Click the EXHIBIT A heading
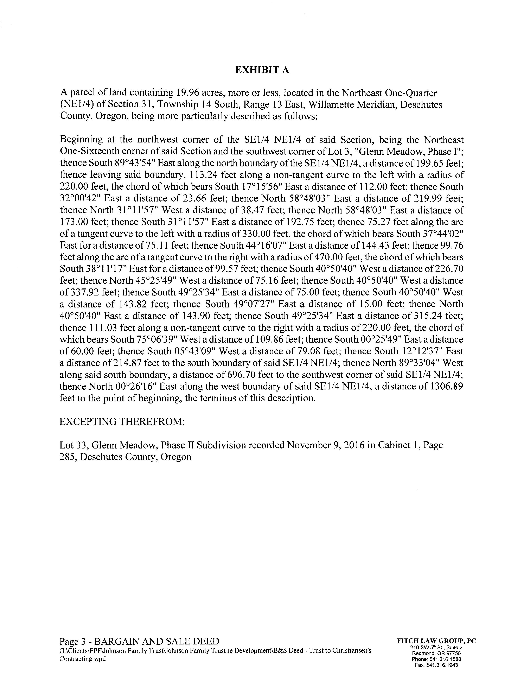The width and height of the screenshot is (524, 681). (262, 70)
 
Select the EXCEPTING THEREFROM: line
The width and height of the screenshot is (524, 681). (122, 422)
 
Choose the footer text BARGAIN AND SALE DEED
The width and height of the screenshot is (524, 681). (156, 641)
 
